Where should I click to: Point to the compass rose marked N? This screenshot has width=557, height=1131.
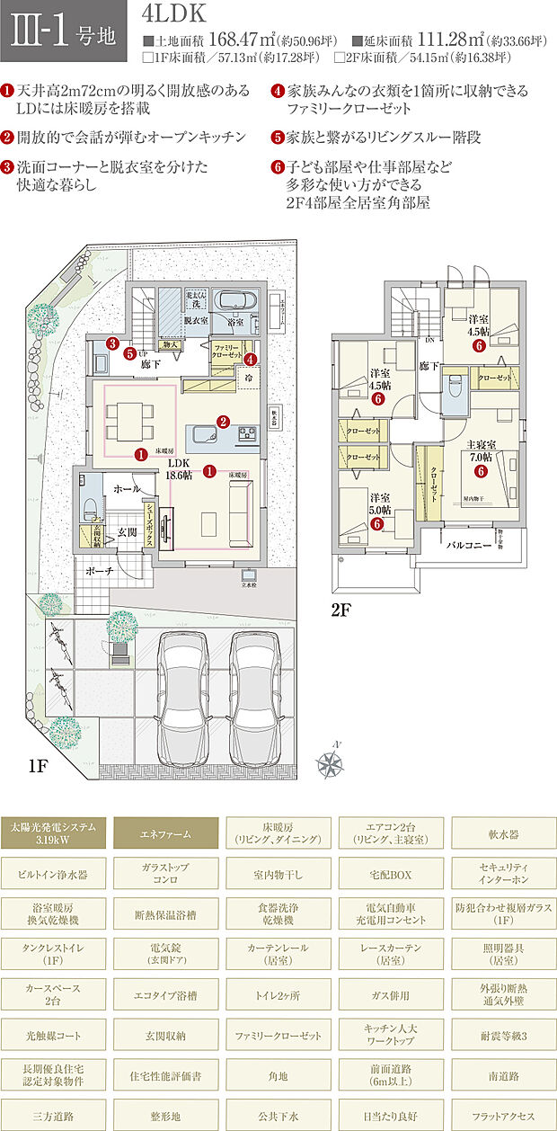click(x=331, y=763)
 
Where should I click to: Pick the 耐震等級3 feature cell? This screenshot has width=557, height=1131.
click(x=503, y=1036)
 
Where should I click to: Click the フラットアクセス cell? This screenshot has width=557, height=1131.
click(x=503, y=1115)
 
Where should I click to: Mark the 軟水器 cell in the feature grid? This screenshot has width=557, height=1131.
click(x=503, y=833)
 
